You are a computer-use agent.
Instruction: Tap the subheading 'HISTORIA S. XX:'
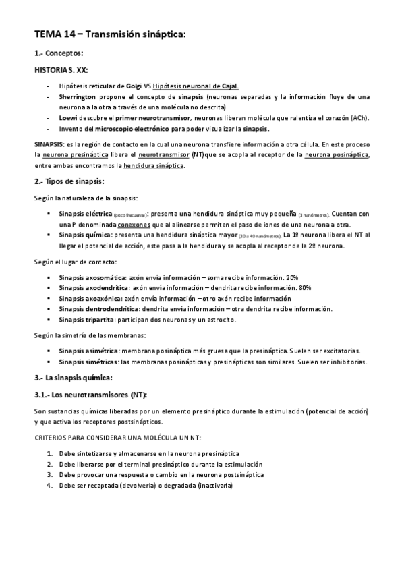61,69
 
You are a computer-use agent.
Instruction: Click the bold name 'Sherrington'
78,96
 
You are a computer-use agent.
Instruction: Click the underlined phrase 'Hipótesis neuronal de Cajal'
195,86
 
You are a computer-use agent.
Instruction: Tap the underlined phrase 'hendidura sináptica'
156,165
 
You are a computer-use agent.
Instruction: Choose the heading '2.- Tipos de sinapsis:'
69,182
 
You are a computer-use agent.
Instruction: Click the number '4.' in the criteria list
50,485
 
